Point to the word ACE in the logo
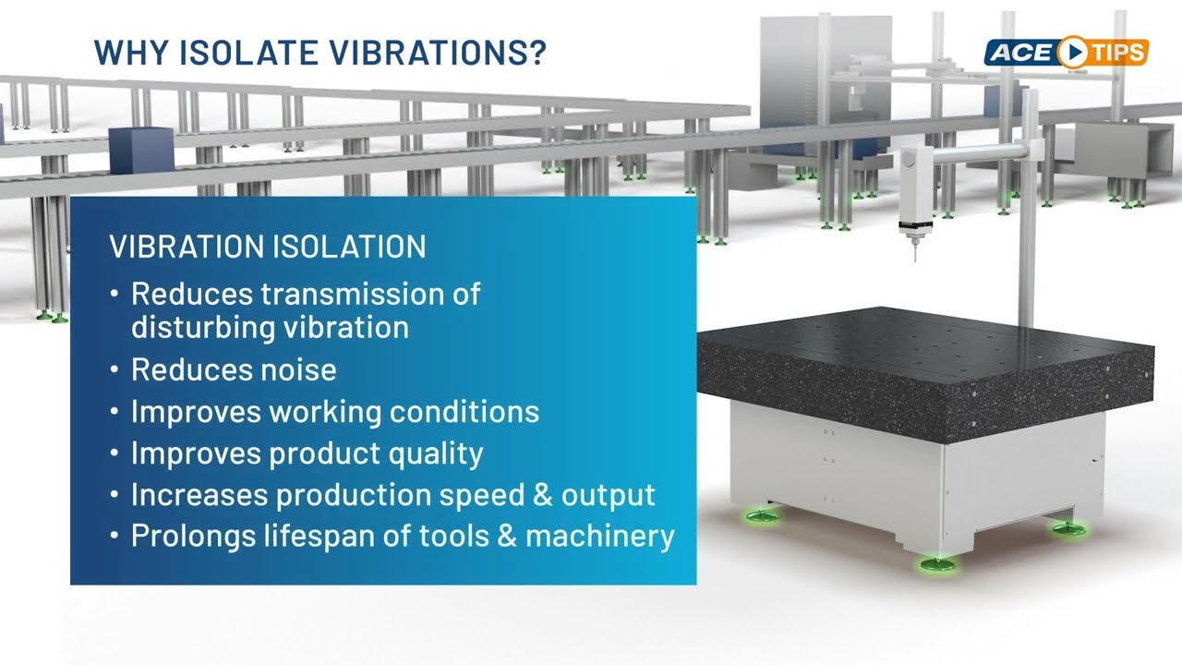click(x=1020, y=53)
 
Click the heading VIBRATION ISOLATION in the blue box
click(x=268, y=247)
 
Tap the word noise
click(x=298, y=369)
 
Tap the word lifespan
click(x=343, y=536)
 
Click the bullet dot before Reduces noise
click(x=114, y=369)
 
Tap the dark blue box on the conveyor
click(x=141, y=151)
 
